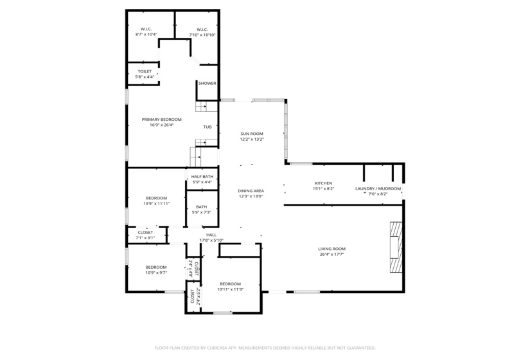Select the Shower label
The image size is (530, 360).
pos(207,84)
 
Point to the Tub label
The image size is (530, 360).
pos(208,127)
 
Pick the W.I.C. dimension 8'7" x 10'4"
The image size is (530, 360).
pos(146,35)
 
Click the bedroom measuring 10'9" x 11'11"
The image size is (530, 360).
pos(156,201)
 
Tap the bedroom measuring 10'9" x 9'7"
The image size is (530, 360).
pos(156,270)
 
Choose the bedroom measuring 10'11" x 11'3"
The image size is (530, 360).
pos(230,287)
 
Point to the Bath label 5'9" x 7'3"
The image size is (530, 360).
pos(202,210)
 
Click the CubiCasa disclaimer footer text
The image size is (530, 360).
pos(265,348)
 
